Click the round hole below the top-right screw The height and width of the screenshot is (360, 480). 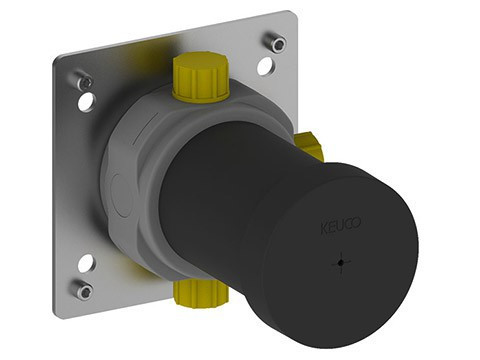265,65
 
